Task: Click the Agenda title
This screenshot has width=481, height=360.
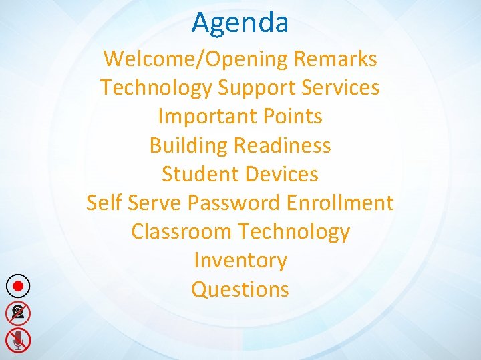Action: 240,22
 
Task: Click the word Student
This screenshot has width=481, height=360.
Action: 198,174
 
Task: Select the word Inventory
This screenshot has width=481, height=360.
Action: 240,261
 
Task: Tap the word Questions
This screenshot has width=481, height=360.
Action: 240,289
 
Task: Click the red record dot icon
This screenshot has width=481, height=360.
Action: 19,286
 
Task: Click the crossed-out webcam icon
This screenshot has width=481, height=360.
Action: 19,312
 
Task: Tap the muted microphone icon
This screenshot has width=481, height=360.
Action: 19,339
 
